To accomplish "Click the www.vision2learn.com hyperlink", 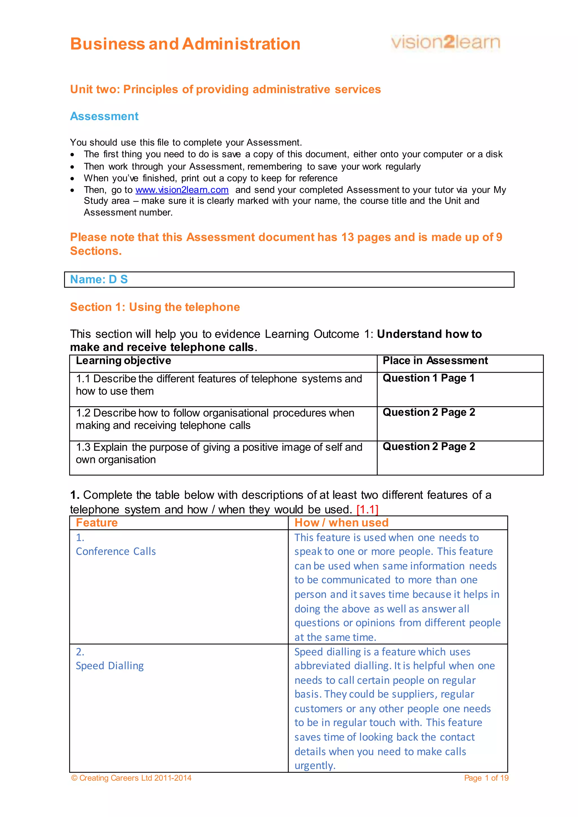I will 182,190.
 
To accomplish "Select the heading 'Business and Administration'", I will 185,44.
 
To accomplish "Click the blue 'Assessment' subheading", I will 104,116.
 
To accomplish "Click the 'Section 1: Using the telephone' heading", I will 155,307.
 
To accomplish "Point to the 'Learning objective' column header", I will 124,361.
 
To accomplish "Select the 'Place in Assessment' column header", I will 435,361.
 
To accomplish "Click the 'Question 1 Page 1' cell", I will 428,378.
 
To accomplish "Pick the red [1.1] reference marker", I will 367,509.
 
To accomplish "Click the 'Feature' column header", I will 97,523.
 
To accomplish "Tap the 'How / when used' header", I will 341,523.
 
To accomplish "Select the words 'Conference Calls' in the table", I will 116,552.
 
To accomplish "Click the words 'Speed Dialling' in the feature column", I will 110,666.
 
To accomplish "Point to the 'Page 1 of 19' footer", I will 486,778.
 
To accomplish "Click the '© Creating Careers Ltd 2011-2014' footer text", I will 131,778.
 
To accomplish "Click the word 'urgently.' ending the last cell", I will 315,765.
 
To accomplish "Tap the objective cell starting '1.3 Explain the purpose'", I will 219,453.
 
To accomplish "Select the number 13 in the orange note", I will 347,237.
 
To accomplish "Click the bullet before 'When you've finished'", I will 73,179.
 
